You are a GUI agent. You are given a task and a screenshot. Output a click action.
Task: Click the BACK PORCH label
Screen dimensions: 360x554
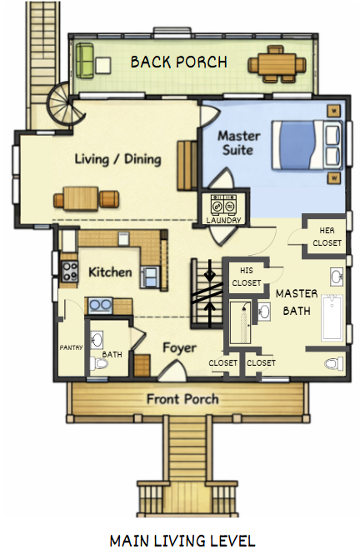[179, 62]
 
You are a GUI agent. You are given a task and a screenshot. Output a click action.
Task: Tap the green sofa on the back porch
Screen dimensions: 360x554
[85, 61]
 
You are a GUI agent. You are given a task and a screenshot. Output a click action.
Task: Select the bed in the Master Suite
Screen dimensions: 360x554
[307, 144]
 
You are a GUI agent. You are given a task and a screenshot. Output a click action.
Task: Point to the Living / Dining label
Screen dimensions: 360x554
[118, 159]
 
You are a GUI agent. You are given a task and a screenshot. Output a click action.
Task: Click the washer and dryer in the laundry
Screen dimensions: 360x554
[223, 204]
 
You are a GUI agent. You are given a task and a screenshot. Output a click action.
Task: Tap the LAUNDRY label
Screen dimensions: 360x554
[223, 221]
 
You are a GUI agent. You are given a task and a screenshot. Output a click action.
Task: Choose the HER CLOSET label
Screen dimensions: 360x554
[327, 237]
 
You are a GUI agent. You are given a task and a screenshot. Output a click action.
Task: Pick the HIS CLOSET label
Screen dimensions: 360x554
[246, 277]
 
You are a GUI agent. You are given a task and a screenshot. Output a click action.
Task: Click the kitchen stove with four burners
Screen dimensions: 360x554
[70, 272]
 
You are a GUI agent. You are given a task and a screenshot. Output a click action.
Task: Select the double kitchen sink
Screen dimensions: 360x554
[100, 306]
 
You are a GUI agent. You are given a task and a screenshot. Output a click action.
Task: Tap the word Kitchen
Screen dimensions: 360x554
[110, 272]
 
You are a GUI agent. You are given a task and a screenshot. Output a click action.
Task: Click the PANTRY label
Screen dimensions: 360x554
[71, 347]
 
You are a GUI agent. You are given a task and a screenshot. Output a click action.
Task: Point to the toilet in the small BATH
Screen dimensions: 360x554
[98, 363]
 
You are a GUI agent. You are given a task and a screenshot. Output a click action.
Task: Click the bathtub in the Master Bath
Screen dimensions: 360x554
[332, 318]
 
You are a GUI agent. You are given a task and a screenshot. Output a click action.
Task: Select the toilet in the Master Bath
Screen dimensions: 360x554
[333, 363]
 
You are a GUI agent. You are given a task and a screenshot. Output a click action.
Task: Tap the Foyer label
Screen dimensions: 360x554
[179, 348]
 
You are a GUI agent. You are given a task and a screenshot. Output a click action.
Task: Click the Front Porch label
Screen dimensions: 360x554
[182, 399]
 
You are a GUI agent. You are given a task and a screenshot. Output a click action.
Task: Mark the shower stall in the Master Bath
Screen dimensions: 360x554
[240, 322]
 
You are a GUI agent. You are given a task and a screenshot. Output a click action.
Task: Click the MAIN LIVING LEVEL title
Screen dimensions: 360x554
[182, 541]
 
